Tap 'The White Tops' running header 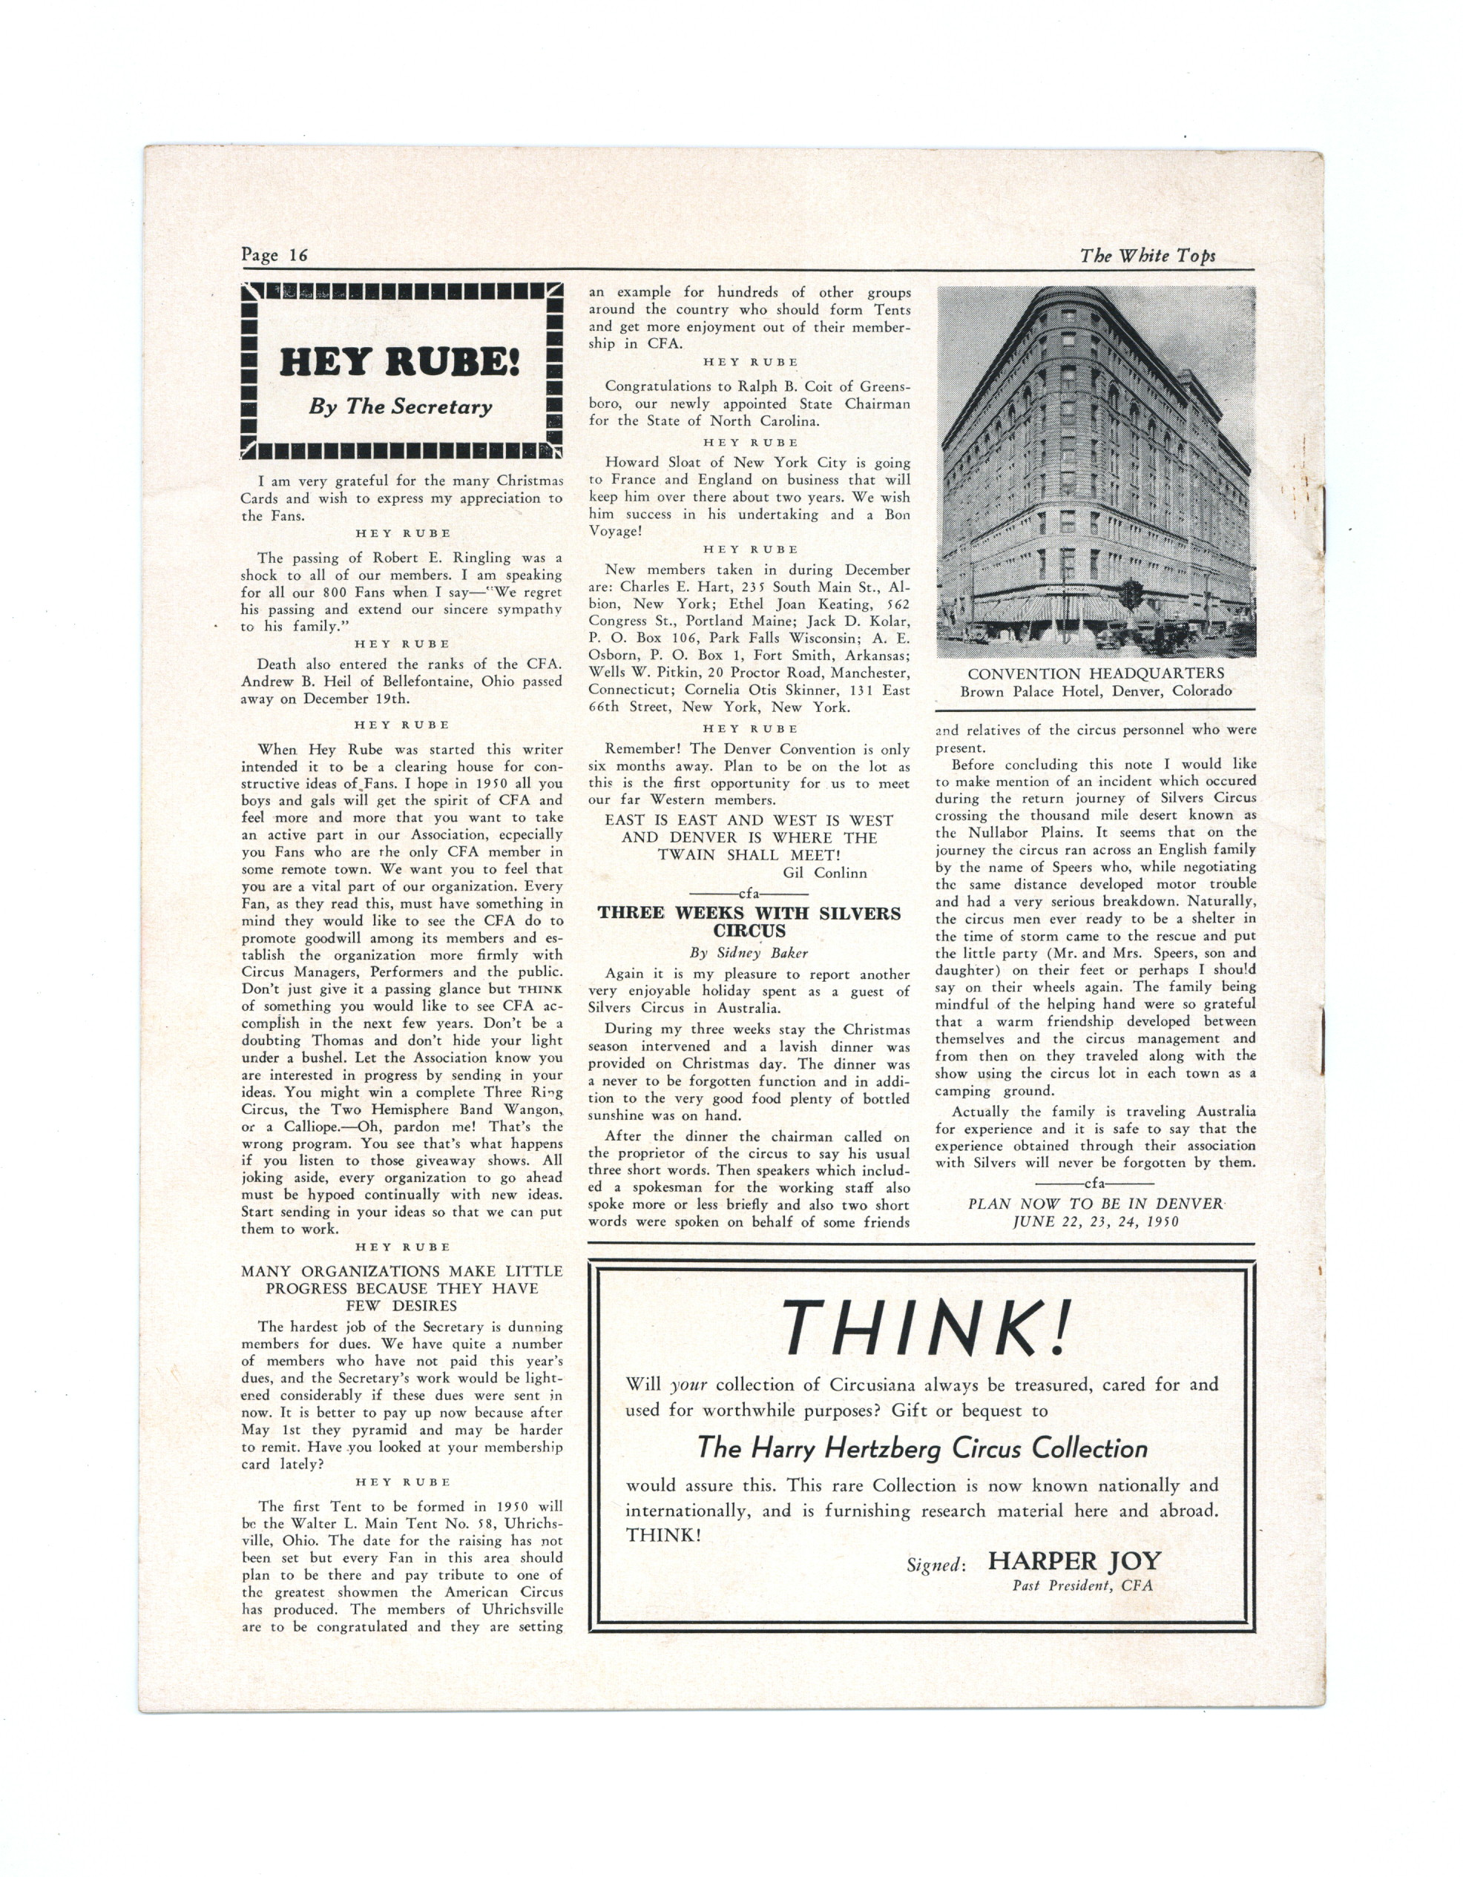pyautogui.click(x=1147, y=255)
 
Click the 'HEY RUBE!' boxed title pyautogui.click(x=400, y=363)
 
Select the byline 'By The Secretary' pyautogui.click(x=401, y=407)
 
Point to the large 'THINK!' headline pyautogui.click(x=926, y=1327)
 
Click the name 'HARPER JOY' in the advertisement pyautogui.click(x=1074, y=1561)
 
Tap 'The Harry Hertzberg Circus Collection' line pyautogui.click(x=921, y=1449)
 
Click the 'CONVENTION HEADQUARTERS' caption pyautogui.click(x=1095, y=674)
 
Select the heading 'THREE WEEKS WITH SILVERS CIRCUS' pyautogui.click(x=749, y=921)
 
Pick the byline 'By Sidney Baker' pyautogui.click(x=748, y=952)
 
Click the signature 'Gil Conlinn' pyautogui.click(x=824, y=872)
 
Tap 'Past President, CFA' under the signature pyautogui.click(x=1082, y=1586)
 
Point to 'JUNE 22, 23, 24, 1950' pyautogui.click(x=1095, y=1221)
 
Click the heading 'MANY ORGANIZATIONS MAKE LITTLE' pyautogui.click(x=401, y=1271)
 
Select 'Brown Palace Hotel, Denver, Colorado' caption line pyautogui.click(x=1095, y=691)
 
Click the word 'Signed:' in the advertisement pyautogui.click(x=936, y=1565)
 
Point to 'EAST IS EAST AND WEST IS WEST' pyautogui.click(x=749, y=820)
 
